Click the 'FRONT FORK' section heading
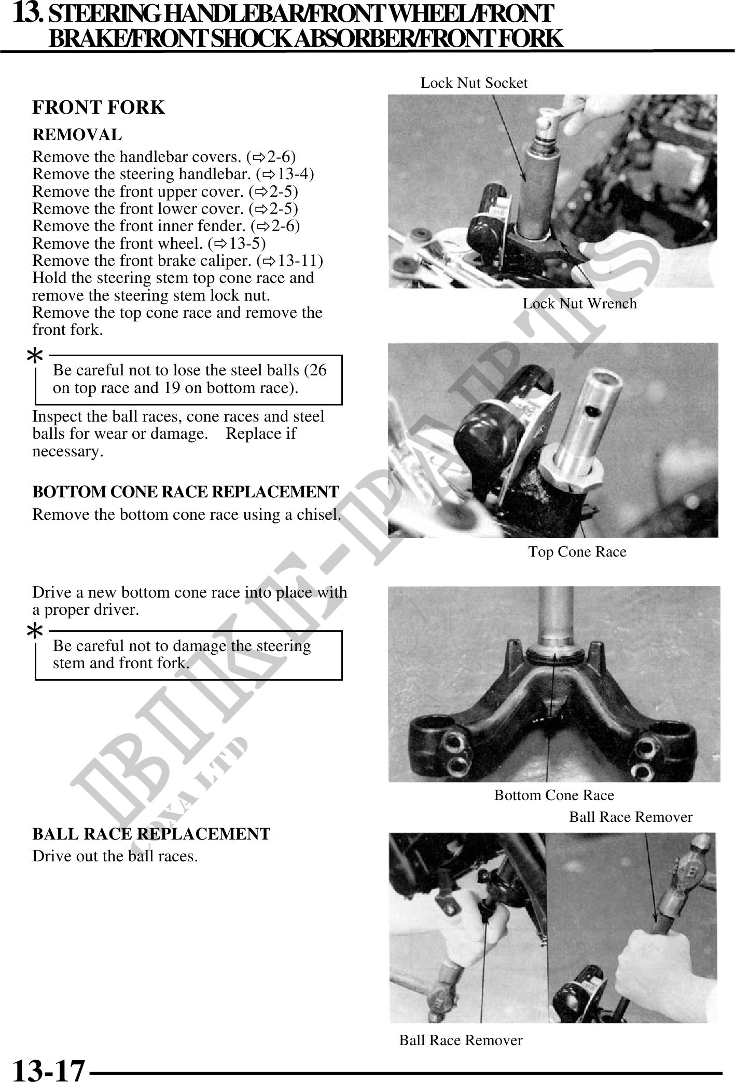(99, 107)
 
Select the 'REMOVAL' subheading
(77, 135)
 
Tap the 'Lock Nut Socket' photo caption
(474, 83)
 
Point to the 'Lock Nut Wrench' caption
(579, 303)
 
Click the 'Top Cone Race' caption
(577, 551)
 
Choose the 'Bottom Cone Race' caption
(554, 795)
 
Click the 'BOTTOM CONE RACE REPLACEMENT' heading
(186, 491)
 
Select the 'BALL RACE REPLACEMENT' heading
(151, 834)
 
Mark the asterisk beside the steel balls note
(35, 357)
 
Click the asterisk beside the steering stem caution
(35, 632)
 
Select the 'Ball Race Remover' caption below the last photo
(461, 1040)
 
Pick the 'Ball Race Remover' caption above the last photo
(631, 817)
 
